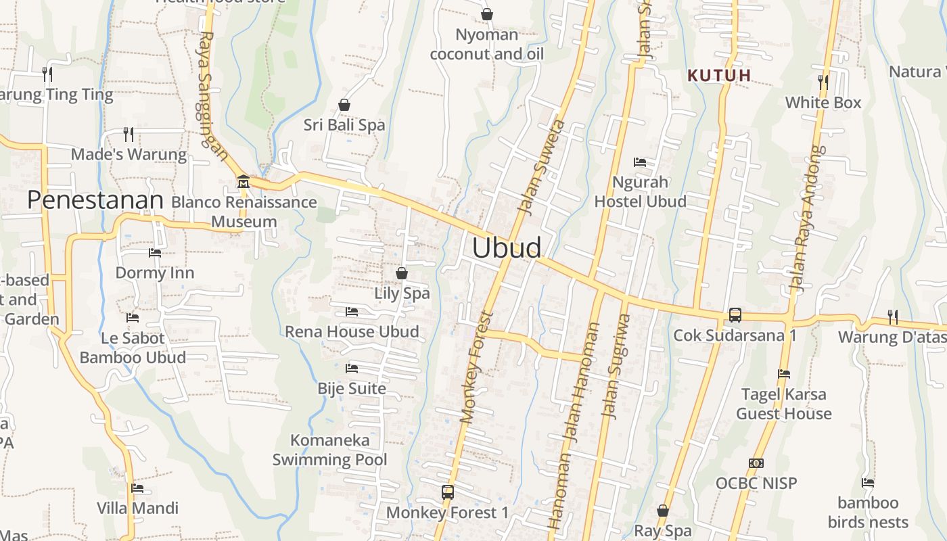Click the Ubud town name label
(x=507, y=248)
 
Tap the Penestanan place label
(x=95, y=200)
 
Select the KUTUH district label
(x=720, y=76)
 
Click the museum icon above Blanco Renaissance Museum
(x=243, y=182)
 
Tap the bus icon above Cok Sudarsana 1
(x=735, y=315)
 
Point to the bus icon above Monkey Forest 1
(x=447, y=492)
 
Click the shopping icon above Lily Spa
(x=402, y=273)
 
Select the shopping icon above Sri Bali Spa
(x=344, y=105)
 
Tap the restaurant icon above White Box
(x=823, y=83)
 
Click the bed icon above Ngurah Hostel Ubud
(x=640, y=162)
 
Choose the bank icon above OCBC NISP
(x=756, y=463)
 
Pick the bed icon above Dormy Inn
(x=155, y=253)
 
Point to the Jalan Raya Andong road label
(x=808, y=218)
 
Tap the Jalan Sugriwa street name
(x=618, y=366)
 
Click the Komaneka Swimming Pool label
(x=330, y=450)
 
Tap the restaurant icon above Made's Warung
(x=129, y=135)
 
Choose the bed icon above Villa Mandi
(x=137, y=488)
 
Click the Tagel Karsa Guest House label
(x=784, y=404)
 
